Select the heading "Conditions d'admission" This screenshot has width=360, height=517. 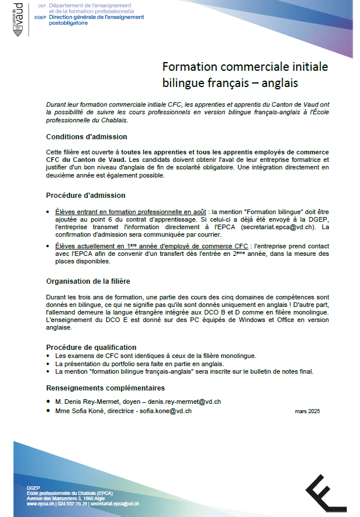coord(87,137)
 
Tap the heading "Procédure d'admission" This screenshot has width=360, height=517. coord(85,196)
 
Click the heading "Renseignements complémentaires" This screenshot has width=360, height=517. coord(105,388)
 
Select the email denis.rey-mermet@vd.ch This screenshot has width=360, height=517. coord(184,402)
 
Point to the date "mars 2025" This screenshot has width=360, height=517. coord(307,411)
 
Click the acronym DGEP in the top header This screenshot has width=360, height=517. coord(41,17)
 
